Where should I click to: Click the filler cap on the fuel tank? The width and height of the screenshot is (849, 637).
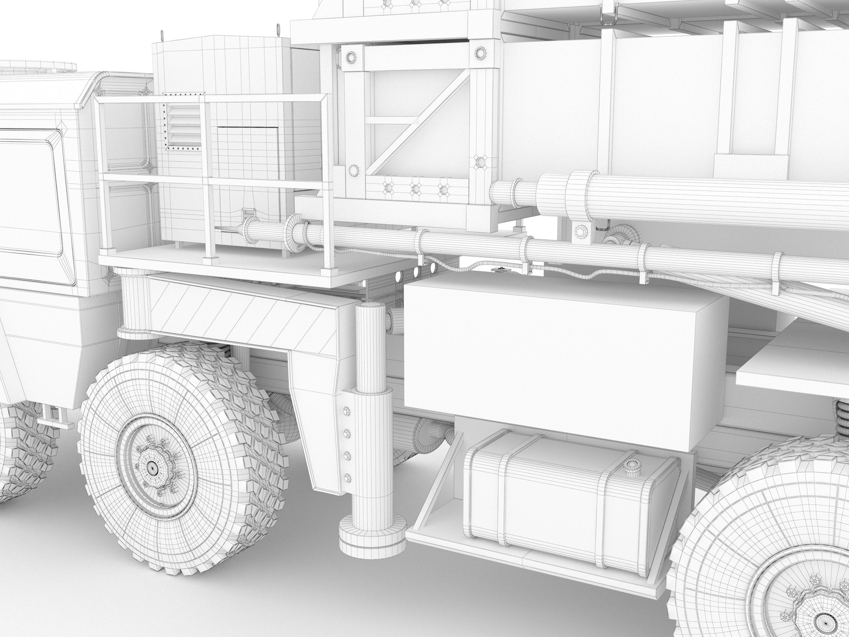(x=631, y=466)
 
